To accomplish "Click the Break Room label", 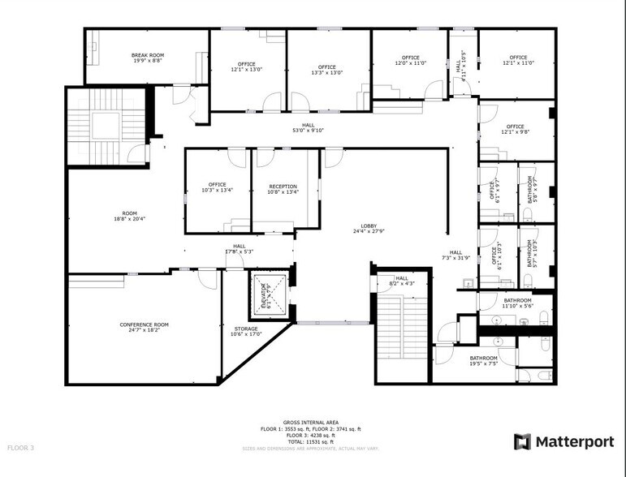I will click(x=147, y=58).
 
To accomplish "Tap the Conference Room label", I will click(x=145, y=327).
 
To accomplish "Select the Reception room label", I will click(x=283, y=189).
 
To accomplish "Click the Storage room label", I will click(x=246, y=332).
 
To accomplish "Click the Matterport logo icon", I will click(x=523, y=441).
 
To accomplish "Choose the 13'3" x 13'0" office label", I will click(x=327, y=70).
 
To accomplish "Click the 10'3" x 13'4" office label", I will click(x=217, y=189).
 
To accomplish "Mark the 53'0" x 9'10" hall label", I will click(x=309, y=127).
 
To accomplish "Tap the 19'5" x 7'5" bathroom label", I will click(x=483, y=361).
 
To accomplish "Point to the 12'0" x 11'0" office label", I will click(x=410, y=61).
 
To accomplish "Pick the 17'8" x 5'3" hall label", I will click(x=240, y=249).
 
